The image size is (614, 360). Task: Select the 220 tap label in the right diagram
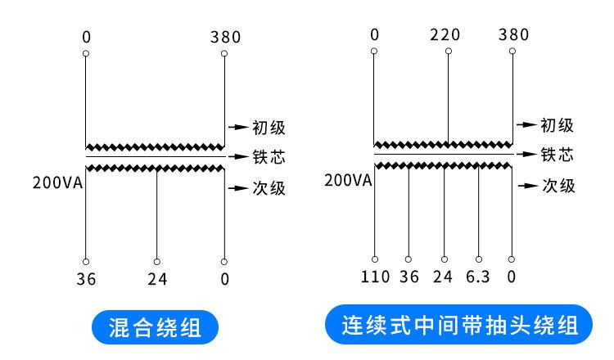point(445,35)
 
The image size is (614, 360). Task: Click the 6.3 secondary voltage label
point(478,277)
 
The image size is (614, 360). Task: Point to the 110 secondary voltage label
point(376,277)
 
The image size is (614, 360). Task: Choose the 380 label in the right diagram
point(513,35)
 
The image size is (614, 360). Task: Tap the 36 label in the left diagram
point(86,279)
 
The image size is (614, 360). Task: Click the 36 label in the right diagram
point(409,277)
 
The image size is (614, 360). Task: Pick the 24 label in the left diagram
point(157,279)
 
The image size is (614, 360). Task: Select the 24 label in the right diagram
point(445,277)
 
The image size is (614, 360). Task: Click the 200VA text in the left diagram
point(56,183)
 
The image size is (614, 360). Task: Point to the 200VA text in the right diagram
point(348,180)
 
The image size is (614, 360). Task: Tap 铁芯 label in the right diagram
point(557,155)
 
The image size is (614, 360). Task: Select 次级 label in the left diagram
point(269,187)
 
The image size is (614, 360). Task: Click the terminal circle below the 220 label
point(448,52)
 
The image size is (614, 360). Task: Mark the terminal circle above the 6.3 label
point(479,259)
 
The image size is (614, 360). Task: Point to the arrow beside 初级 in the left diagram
point(237,128)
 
